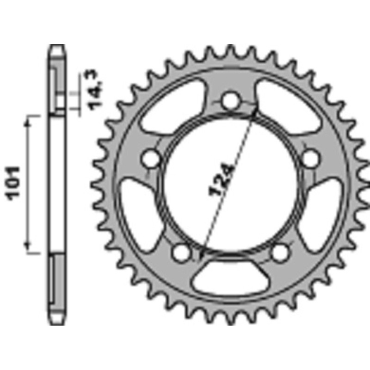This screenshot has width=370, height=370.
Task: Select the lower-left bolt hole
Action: (x=181, y=252)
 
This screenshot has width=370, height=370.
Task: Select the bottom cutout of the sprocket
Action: (x=230, y=280)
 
